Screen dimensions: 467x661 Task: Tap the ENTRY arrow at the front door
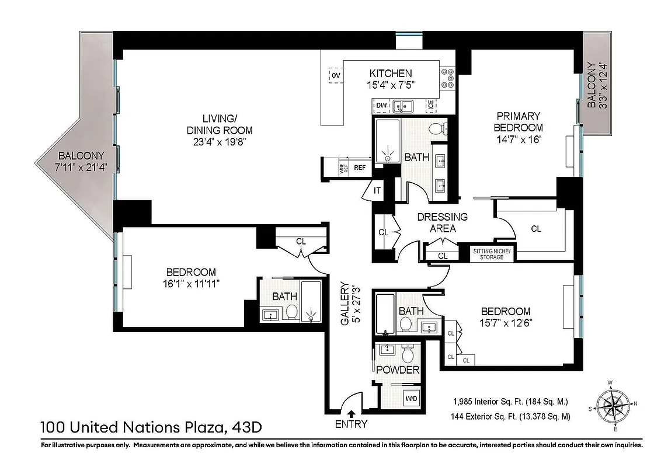click(350, 414)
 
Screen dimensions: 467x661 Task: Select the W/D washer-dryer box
click(411, 399)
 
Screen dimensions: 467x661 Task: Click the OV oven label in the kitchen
click(335, 75)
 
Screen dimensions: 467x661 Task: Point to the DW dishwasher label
click(382, 106)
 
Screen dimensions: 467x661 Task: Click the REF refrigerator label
click(359, 168)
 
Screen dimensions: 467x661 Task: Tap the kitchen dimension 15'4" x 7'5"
click(391, 85)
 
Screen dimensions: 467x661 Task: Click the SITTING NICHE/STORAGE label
click(492, 254)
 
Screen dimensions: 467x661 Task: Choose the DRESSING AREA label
click(442, 222)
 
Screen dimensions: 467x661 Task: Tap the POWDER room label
click(397, 370)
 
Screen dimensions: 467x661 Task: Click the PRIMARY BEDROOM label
click(518, 121)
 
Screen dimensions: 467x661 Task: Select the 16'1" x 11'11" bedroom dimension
click(191, 284)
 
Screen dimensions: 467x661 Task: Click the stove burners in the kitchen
click(448, 78)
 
